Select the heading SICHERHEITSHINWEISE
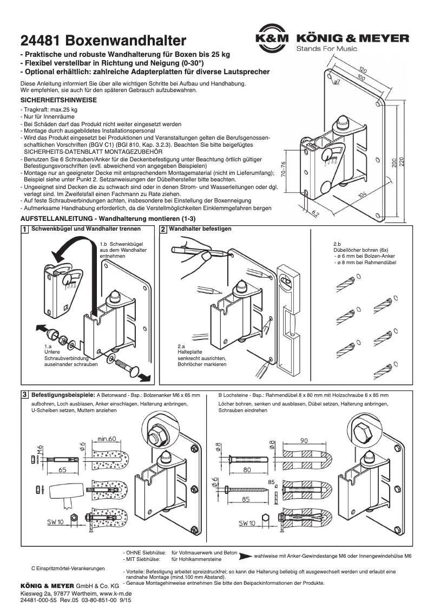point(58,101)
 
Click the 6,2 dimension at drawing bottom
point(314,213)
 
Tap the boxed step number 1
point(24,230)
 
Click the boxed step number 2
point(163,230)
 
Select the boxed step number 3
point(24,395)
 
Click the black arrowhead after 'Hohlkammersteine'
point(245,556)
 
